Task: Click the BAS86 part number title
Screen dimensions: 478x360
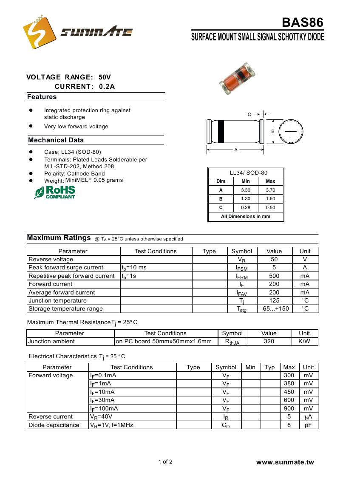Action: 303,23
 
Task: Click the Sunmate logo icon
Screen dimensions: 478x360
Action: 39,32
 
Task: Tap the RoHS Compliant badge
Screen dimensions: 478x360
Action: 55,192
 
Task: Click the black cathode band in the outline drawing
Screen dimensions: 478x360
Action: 221,132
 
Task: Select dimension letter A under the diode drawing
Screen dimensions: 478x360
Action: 236,150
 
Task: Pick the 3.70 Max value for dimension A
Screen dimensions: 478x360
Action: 270,190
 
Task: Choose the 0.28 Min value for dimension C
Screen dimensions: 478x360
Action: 246,208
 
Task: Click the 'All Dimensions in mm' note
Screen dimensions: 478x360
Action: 246,216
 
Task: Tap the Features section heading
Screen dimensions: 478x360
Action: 42,97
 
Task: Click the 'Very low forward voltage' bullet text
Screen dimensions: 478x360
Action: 76,127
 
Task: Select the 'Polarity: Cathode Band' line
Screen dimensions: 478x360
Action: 74,173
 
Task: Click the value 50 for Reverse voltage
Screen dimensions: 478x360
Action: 274,259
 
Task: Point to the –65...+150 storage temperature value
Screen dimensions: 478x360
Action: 274,309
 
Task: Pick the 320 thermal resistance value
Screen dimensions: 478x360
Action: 269,341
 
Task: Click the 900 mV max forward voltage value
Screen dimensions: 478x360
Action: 289,408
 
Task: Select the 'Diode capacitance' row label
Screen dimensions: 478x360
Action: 54,425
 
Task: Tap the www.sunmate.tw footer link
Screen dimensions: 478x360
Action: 285,462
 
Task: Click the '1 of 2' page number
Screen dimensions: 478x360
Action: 165,462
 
